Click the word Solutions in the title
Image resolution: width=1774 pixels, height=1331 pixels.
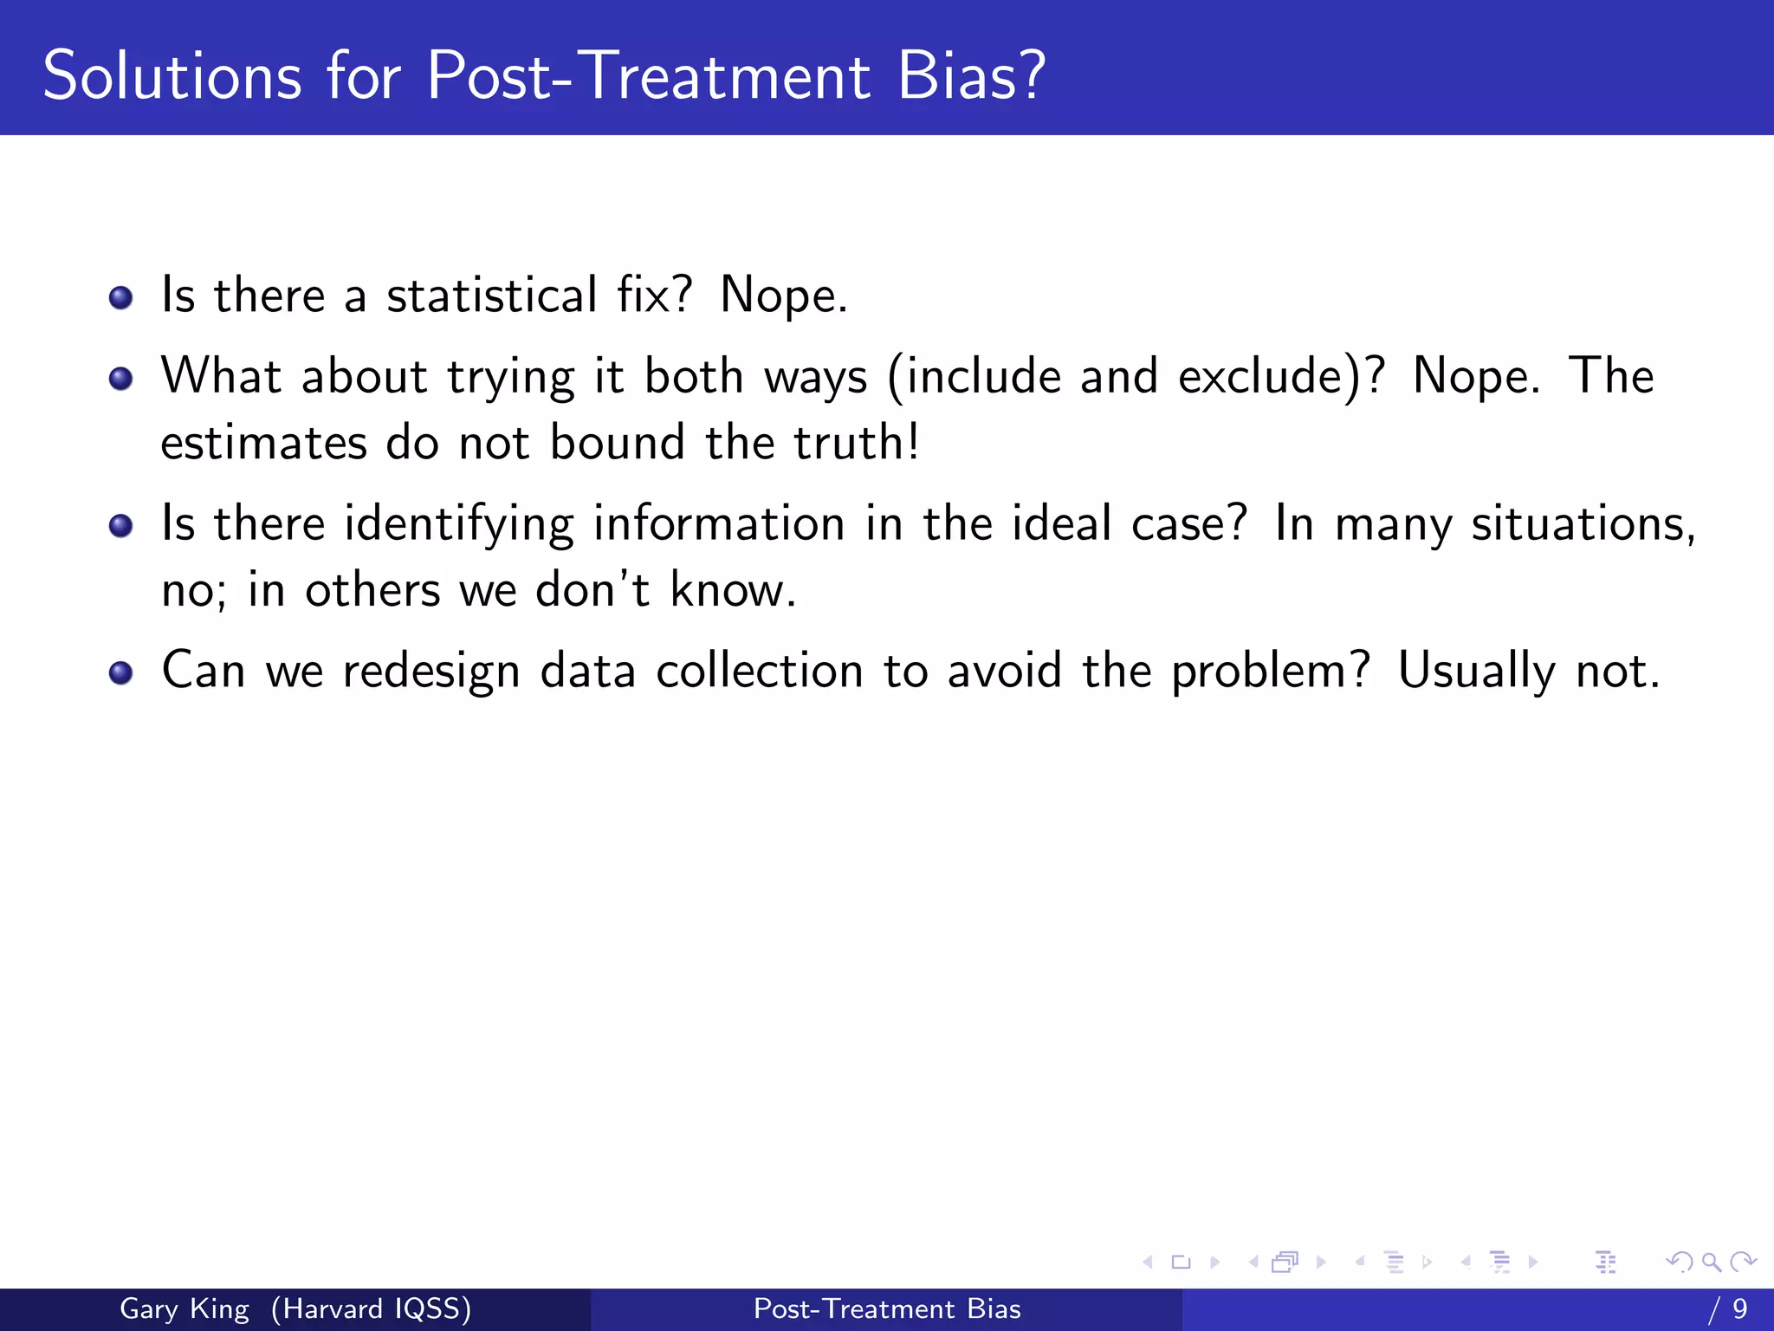tap(172, 76)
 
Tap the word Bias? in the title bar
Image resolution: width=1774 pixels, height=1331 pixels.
tap(971, 76)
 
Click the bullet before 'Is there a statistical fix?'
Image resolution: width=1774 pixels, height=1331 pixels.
tap(121, 298)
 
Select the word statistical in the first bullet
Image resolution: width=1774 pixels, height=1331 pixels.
tap(491, 295)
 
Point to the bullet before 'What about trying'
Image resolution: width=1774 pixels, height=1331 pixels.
tap(121, 379)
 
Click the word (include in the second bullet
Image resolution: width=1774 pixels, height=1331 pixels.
tap(974, 378)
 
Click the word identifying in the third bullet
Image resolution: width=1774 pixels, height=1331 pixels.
tap(458, 525)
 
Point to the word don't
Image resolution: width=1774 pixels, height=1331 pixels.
tap(592, 590)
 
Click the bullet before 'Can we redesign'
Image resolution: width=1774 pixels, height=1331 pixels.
tap(121, 673)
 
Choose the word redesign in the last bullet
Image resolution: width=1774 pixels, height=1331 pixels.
tap(431, 672)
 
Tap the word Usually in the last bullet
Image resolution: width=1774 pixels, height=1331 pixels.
tap(1476, 672)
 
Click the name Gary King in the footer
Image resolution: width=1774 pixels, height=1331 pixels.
tap(184, 1308)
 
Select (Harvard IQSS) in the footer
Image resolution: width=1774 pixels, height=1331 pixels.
tap(371, 1308)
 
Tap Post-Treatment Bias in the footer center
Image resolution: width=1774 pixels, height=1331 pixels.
tap(887, 1308)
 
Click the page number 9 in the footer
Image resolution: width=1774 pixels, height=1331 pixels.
tap(1739, 1308)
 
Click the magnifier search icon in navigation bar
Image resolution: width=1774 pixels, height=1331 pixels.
tap(1710, 1262)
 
